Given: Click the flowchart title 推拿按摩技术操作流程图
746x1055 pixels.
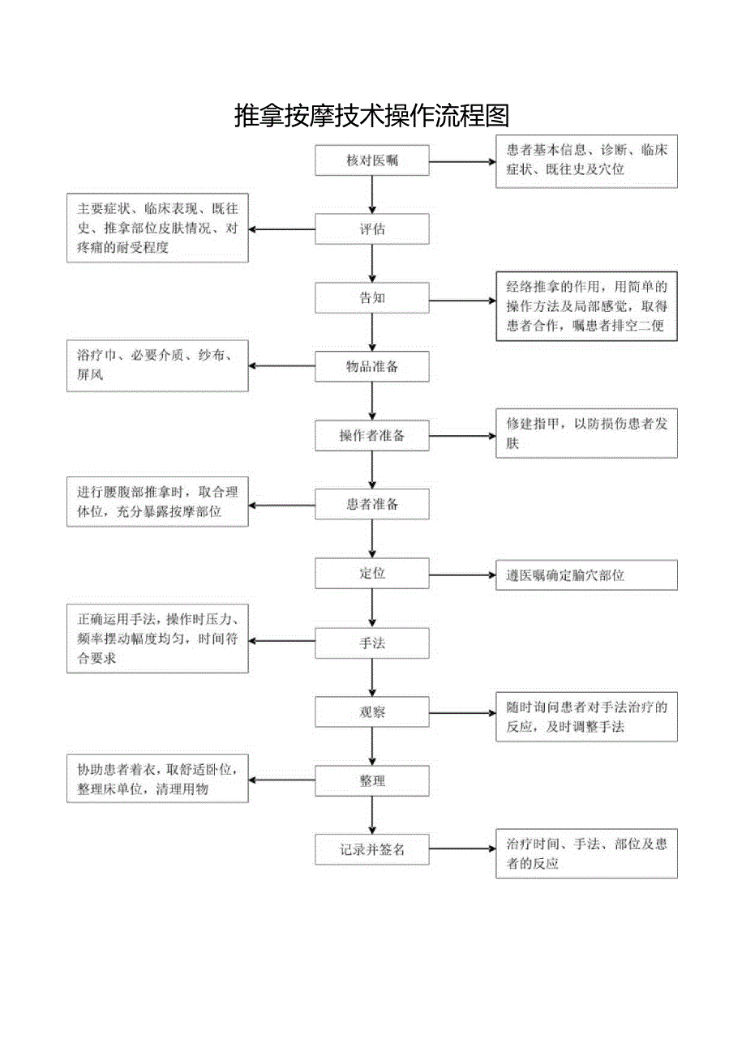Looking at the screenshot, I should tap(372, 117).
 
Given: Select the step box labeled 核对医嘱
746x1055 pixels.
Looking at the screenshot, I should tap(372, 160).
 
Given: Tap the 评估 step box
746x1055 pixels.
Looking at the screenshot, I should tap(372, 229).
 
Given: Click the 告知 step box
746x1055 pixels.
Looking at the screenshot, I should tap(372, 298).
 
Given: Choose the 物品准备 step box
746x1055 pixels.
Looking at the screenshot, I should tap(372, 367).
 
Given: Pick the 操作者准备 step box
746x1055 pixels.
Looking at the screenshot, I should tap(372, 436).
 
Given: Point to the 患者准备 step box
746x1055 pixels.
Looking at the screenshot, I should tap(372, 505).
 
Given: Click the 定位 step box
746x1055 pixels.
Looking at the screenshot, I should tap(372, 574).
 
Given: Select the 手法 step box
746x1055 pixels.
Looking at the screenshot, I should tap(372, 643).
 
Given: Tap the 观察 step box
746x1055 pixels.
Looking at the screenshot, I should tap(372, 712).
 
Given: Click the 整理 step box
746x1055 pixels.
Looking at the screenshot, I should tap(372, 781).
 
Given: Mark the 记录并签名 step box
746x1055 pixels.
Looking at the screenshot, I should tap(372, 850).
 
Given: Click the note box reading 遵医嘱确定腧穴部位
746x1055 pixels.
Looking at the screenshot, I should tap(586, 575).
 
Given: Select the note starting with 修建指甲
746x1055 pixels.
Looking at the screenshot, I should tap(586, 434).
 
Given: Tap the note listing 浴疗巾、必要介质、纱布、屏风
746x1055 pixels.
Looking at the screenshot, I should tap(157, 365).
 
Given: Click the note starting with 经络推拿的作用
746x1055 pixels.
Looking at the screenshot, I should tap(586, 306).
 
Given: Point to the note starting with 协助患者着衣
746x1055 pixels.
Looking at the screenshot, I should tap(157, 779).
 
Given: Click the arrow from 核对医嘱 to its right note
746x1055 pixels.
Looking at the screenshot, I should tap(462, 162).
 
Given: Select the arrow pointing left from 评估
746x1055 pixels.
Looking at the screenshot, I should tap(282, 229).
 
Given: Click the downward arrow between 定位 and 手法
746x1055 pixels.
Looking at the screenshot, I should tap(372, 608).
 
